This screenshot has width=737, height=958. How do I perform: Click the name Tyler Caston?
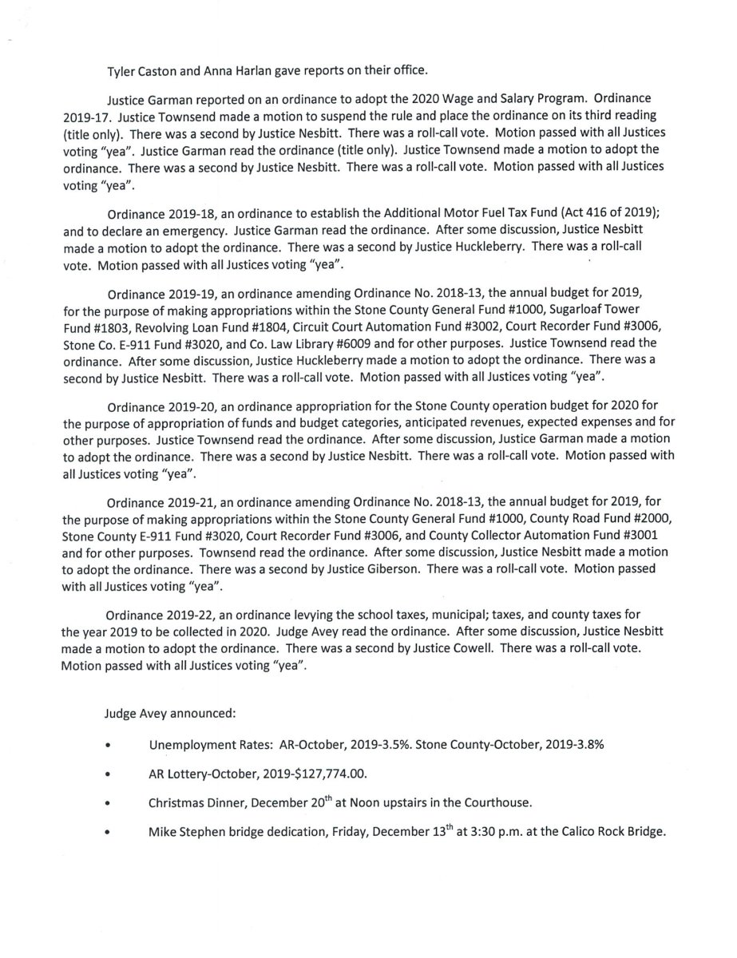point(143,70)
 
